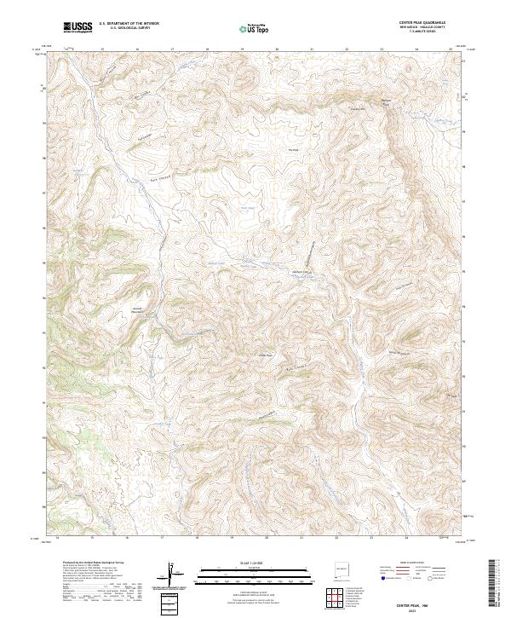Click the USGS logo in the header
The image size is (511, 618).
coord(78,28)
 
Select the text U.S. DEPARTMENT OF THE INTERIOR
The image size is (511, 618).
coord(129,25)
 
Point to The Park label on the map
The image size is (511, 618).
coord(294,151)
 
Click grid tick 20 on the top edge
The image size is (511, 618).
coord(277,49)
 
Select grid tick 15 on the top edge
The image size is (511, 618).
coord(102,49)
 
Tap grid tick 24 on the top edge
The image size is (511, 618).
coord(416,49)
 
